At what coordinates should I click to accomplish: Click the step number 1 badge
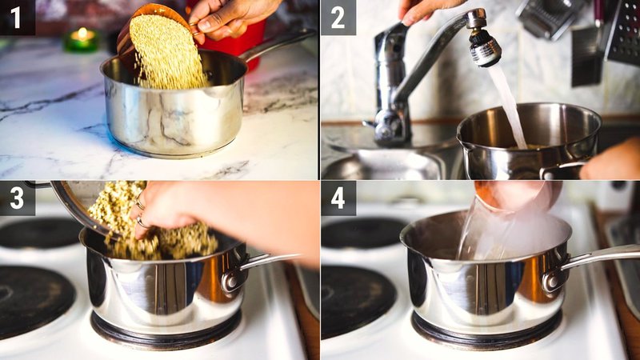17,17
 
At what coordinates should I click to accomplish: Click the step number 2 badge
338,17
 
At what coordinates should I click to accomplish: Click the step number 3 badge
17,198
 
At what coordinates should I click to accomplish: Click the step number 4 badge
338,198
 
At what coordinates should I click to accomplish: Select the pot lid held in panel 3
72,208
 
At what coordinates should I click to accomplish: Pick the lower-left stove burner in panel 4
357,301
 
